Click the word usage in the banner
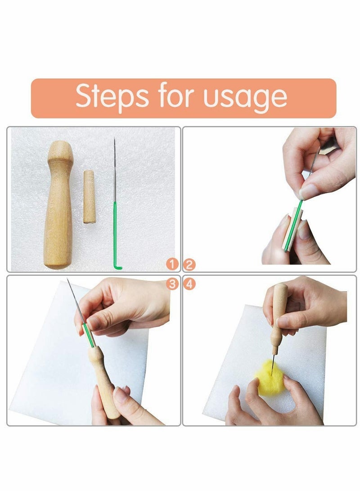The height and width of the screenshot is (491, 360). click(x=245, y=97)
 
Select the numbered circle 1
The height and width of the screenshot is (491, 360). click(x=171, y=264)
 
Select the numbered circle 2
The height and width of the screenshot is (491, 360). click(x=189, y=264)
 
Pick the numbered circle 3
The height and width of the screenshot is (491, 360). click(x=171, y=284)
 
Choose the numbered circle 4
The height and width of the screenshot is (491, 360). click(x=189, y=284)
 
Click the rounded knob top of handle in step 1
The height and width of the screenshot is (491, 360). click(x=60, y=151)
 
